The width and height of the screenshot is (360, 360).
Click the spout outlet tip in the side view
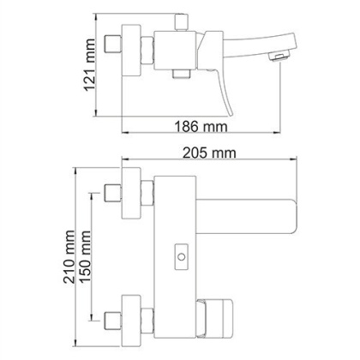coord(276,57)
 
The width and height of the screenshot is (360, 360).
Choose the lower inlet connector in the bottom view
coord(111,321)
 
